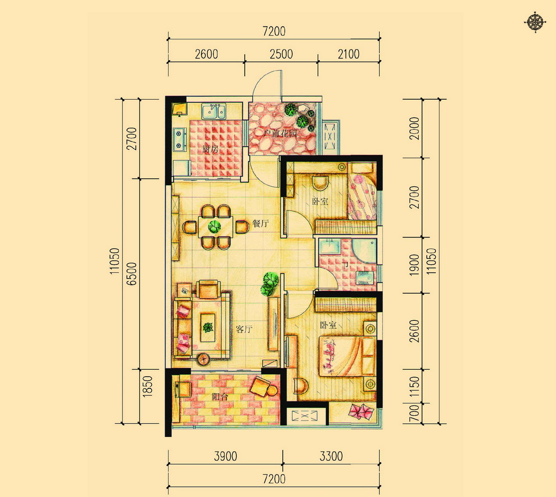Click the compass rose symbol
[x=535, y=23]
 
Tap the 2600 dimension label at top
[x=206, y=54]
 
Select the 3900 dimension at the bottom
[x=226, y=456]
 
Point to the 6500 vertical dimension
[x=131, y=273]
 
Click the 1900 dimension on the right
[x=414, y=265]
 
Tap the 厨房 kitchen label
[x=210, y=149]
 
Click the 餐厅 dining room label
[x=261, y=224]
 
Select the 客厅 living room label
[x=244, y=329]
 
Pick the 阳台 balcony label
[x=220, y=397]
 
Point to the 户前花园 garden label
[x=280, y=133]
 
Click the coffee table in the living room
[x=208, y=327]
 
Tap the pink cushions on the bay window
[x=361, y=412]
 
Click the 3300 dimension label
[x=331, y=456]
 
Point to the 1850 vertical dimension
[x=148, y=387]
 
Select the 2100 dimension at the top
[x=349, y=54]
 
